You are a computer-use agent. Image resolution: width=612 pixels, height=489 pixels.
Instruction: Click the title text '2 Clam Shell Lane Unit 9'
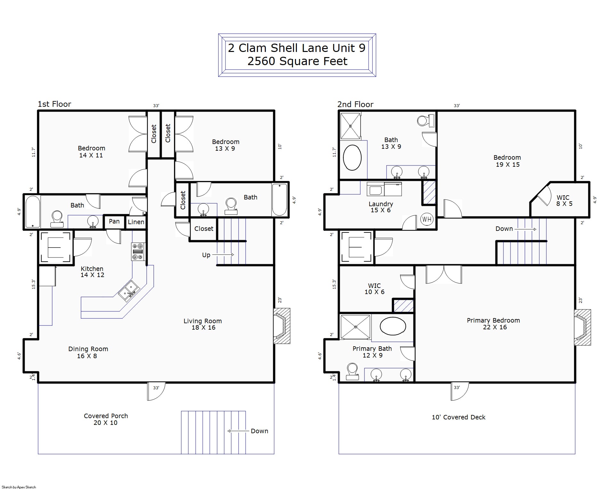click(297, 48)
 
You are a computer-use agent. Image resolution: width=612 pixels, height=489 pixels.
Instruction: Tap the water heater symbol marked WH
click(427, 220)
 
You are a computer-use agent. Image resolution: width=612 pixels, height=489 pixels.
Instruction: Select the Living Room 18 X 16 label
click(203, 324)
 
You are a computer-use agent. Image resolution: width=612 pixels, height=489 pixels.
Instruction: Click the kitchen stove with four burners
click(138, 251)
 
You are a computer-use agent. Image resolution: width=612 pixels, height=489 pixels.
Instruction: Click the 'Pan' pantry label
click(114, 221)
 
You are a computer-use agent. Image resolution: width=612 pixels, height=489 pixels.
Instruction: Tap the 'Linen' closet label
click(136, 222)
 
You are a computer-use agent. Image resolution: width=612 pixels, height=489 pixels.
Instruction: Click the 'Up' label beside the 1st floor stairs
click(206, 255)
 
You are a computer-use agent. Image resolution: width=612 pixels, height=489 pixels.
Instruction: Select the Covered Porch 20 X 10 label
click(106, 419)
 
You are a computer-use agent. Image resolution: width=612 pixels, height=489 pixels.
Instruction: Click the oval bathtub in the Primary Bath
click(393, 326)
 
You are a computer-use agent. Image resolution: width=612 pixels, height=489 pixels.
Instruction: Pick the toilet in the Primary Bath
click(352, 371)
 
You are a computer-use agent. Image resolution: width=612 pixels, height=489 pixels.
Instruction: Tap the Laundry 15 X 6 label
click(381, 207)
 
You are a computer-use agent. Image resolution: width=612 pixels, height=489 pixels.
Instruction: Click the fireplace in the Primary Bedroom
click(582, 327)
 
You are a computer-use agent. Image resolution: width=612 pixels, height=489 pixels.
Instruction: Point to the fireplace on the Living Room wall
click(282, 326)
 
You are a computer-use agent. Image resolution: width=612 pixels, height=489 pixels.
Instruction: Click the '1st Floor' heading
click(54, 104)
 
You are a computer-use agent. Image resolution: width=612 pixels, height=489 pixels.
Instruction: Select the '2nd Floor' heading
click(355, 105)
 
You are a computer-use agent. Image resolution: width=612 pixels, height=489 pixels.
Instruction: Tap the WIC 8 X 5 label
click(564, 200)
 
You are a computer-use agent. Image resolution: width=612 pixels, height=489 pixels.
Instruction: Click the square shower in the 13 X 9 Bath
click(351, 126)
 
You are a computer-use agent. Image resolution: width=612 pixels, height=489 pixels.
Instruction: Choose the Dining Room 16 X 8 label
click(88, 352)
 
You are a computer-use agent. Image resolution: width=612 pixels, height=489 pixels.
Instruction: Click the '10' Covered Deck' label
click(459, 417)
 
